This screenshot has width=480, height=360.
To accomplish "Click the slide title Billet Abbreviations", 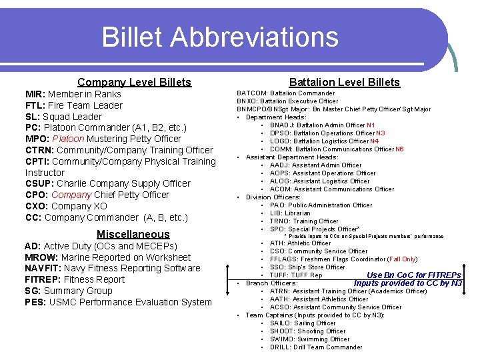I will pos(220,37).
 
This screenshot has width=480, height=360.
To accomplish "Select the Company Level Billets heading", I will pos(134,82).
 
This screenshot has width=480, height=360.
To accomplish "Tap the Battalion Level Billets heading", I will pos(344,82).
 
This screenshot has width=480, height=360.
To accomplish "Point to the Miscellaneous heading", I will pos(133,234).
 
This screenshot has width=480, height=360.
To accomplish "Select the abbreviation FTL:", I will pos(35,105).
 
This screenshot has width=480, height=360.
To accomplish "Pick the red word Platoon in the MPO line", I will pos(70,139).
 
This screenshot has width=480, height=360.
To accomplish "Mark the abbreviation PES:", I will pos(35,302).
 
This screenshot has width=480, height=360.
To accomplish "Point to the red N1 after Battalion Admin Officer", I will pos(371,125).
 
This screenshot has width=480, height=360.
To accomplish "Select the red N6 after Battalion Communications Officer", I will pos(399,149).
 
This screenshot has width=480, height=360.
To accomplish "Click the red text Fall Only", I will pos(402,259).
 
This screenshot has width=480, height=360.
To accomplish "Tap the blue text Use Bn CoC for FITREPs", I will pos(413,275).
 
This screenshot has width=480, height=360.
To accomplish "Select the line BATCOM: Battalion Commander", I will pos(286,93).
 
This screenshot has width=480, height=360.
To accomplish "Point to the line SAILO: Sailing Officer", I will pos(303,323).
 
